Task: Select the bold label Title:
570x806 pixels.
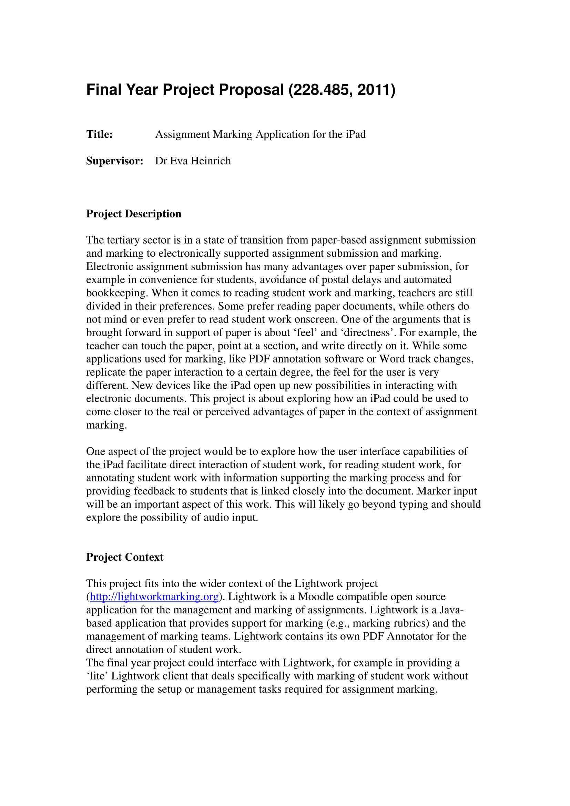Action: [99, 134]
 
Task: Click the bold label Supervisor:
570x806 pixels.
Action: [114, 161]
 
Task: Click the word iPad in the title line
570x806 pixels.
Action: [356, 134]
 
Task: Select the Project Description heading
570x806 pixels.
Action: [134, 214]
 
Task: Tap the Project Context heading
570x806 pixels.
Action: [125, 557]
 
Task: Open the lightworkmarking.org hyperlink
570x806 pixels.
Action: [154, 597]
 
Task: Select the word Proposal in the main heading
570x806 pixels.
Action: [251, 90]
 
